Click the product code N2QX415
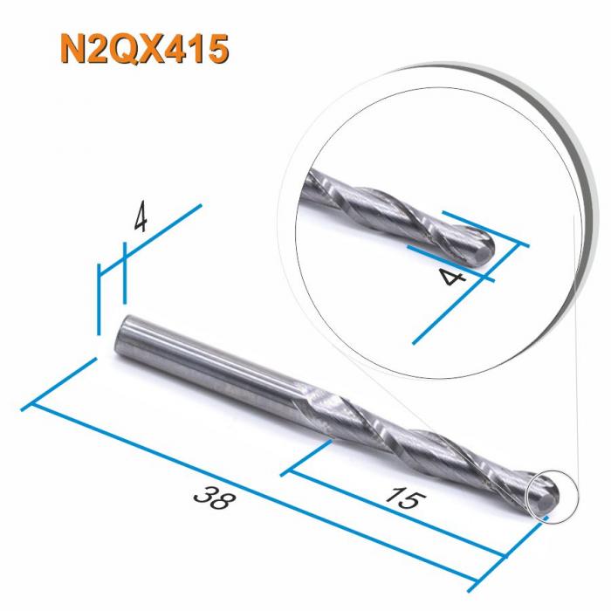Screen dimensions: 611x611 pyautogui.click(x=144, y=49)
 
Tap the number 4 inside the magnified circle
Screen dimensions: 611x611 pyautogui.click(x=451, y=278)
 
